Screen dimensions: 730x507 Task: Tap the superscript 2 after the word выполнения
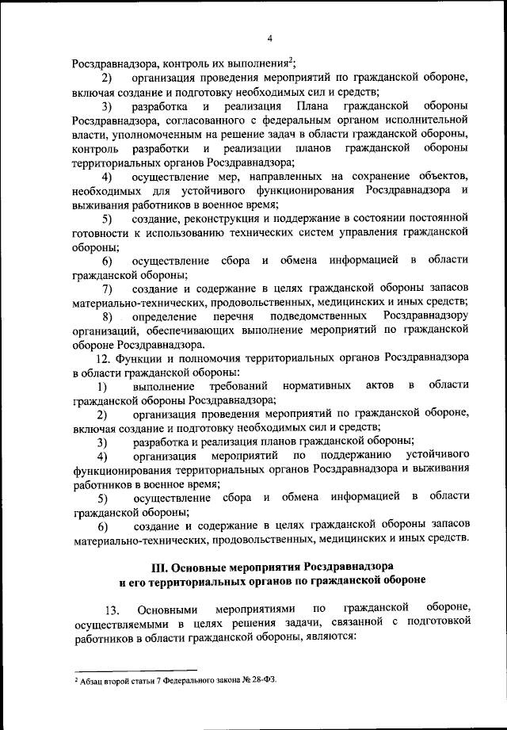tap(291, 59)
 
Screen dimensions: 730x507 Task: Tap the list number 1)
tap(103, 387)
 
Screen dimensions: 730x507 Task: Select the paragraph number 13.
tap(112, 609)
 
